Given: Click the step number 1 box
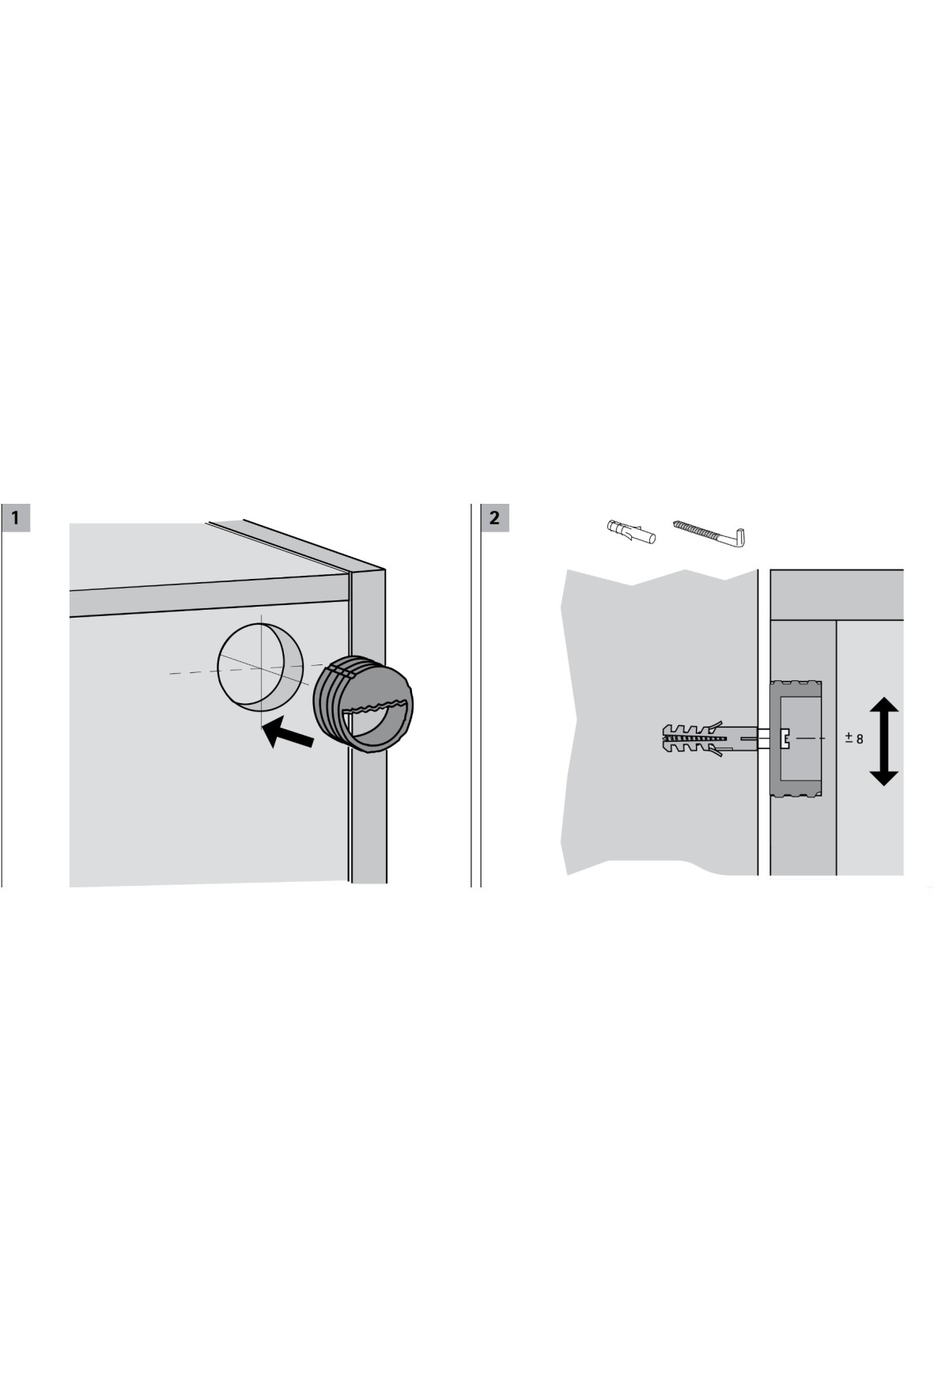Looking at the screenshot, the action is [16, 518].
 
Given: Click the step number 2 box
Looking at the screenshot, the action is [495, 518].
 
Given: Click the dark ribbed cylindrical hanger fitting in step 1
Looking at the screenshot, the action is [363, 702].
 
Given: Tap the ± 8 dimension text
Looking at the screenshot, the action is [854, 739].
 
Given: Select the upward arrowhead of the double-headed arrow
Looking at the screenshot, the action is [884, 710].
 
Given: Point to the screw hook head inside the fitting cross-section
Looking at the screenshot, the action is [786, 739].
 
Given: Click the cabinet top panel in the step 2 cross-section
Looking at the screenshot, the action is [837, 594].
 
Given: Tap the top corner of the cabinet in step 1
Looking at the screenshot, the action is [385, 569].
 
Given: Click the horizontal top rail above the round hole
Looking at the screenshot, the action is [210, 596].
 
